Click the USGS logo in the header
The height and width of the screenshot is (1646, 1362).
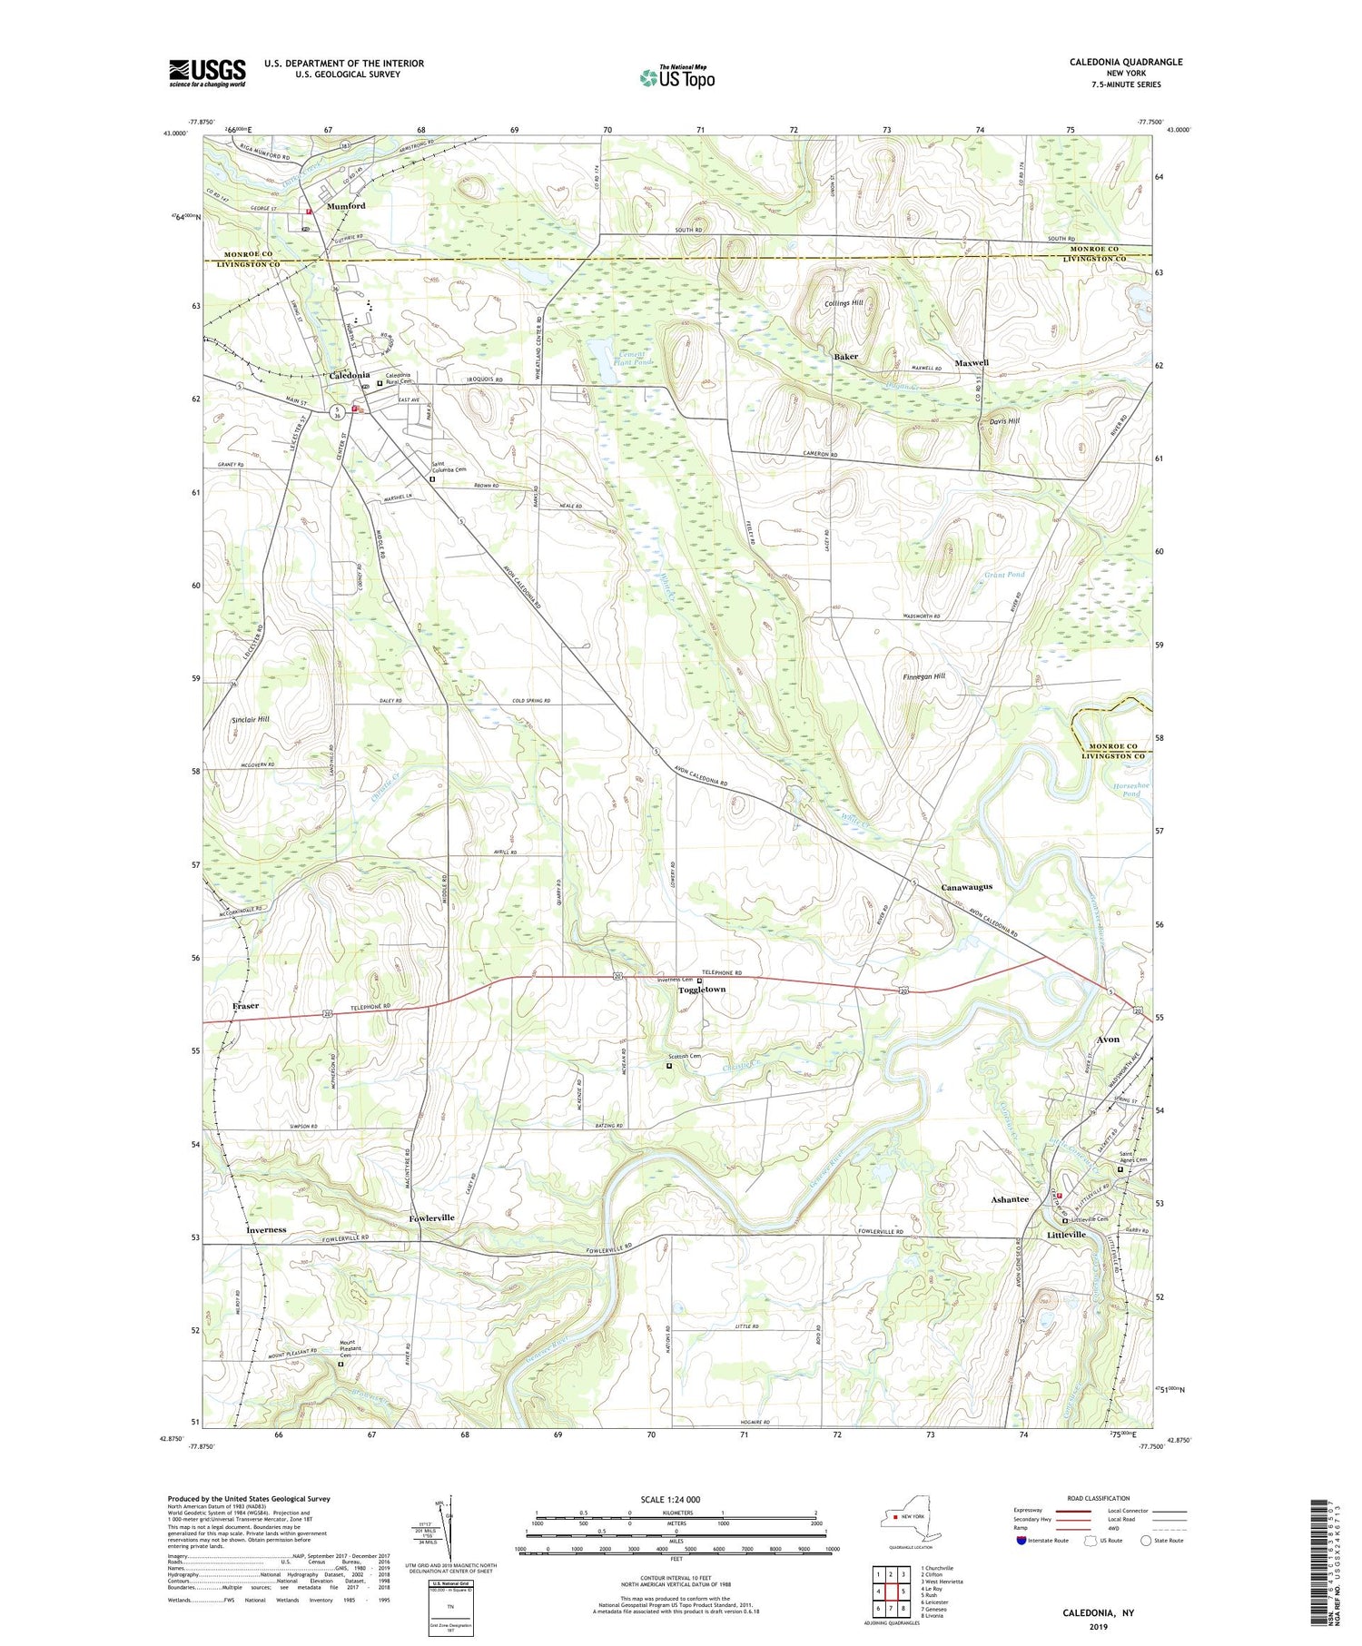click(x=207, y=73)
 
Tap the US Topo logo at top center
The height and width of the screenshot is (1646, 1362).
click(x=676, y=78)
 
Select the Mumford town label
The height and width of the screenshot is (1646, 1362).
click(x=345, y=206)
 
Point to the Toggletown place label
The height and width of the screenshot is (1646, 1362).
click(x=702, y=990)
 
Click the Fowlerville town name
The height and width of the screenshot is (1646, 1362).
click(x=431, y=1217)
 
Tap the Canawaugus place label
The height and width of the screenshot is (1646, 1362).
click(x=966, y=886)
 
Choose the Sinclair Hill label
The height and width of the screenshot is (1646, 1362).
click(x=251, y=719)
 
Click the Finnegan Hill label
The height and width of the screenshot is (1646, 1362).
click(x=923, y=676)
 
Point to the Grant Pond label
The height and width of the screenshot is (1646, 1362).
click(x=1004, y=575)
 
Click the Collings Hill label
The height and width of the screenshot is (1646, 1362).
click(x=844, y=303)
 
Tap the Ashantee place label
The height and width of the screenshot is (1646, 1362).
click(x=1009, y=1199)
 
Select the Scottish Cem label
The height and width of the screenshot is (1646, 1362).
click(x=685, y=1056)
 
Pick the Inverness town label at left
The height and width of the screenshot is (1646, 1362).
click(x=265, y=1229)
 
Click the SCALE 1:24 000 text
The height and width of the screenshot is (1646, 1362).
click(x=676, y=1499)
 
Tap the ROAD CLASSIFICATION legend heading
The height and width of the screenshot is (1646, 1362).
click(x=1099, y=1498)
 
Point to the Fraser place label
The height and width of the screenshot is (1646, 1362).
click(x=245, y=1006)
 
